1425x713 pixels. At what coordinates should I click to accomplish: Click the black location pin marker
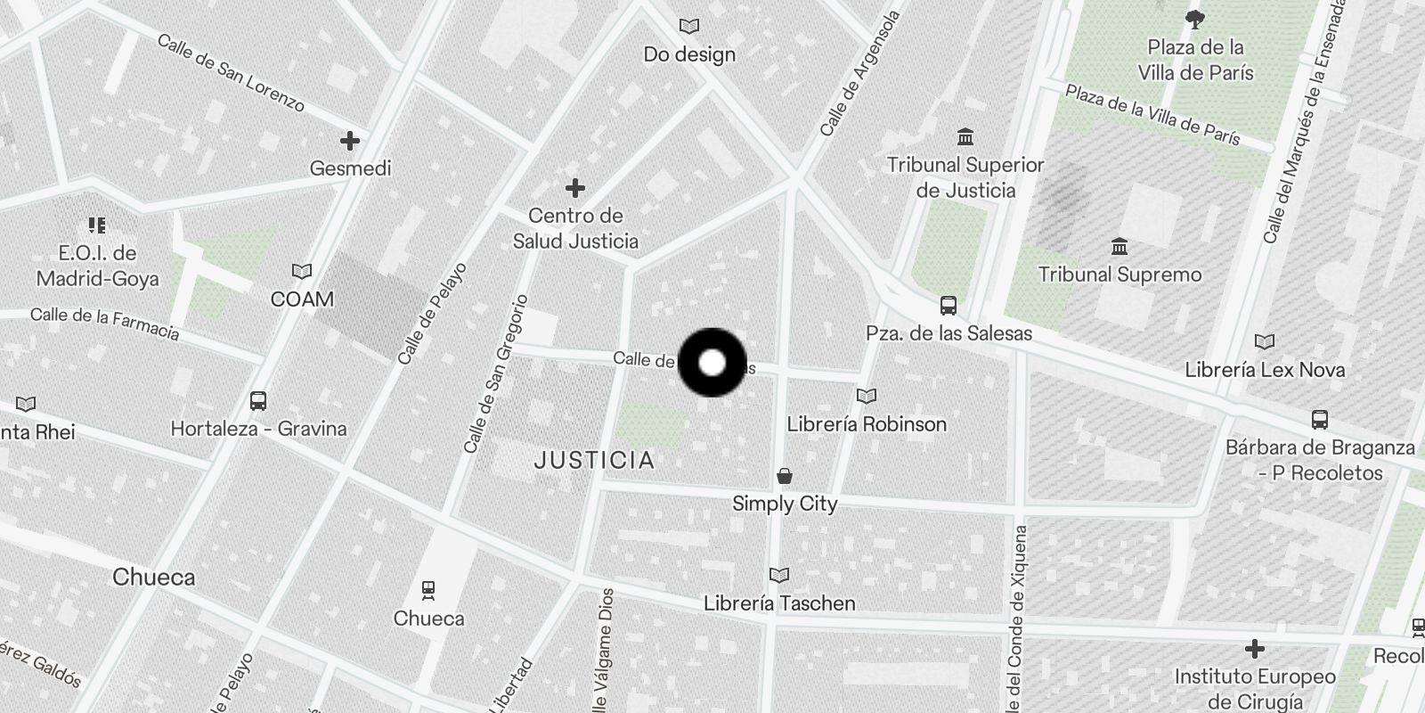coord(712,362)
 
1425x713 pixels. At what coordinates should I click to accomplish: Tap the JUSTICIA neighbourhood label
coord(595,461)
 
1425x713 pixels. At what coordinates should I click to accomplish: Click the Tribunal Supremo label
coord(1120,275)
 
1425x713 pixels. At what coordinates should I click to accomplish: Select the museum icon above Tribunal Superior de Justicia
coord(965,137)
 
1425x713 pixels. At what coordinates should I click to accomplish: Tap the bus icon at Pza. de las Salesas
coord(949,306)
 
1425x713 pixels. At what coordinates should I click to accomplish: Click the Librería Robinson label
coord(867,423)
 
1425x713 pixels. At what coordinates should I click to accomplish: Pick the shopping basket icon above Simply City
coord(785,476)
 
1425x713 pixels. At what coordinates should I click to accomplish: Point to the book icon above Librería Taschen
coord(779,576)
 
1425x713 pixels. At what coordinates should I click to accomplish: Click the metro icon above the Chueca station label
coord(428,590)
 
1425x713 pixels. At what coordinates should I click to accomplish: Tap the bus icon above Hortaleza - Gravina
coord(258,401)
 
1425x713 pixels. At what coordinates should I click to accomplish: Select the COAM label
coord(302,299)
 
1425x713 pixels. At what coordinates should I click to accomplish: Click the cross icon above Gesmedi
coord(350,141)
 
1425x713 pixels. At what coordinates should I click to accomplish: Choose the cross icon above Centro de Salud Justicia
coord(575,188)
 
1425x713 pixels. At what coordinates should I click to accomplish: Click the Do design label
coord(689,54)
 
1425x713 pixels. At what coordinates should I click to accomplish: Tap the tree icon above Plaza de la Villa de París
coord(1195,20)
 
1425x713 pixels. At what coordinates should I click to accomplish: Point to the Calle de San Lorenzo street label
coord(231,73)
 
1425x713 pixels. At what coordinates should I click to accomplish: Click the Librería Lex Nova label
coord(1265,369)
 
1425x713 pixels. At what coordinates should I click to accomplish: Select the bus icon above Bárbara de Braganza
coord(1320,419)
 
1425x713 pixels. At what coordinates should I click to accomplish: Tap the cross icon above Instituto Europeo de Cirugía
coord(1255,648)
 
